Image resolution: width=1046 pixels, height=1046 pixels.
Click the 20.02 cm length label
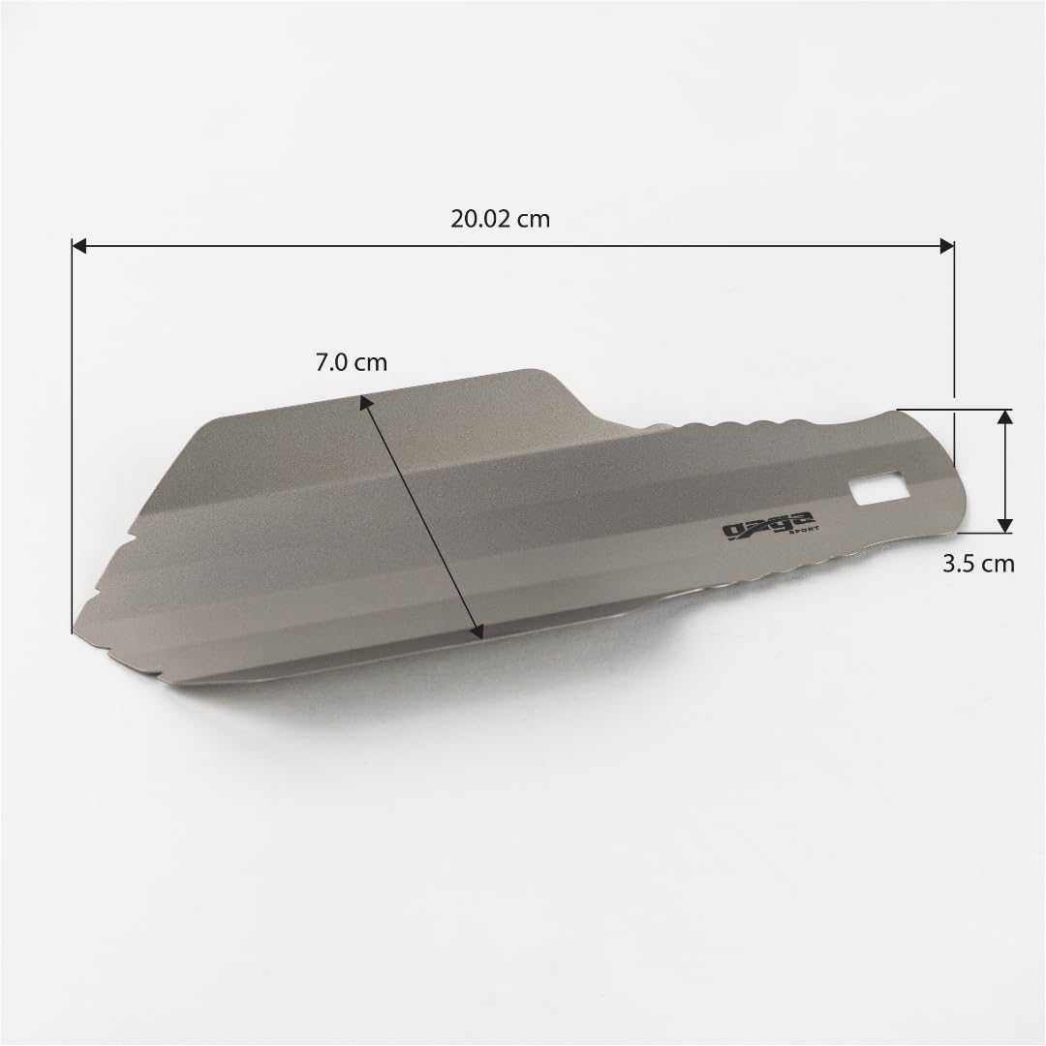(x=500, y=219)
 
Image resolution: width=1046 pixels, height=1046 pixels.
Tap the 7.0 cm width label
(x=351, y=363)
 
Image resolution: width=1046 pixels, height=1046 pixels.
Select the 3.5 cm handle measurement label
(x=978, y=563)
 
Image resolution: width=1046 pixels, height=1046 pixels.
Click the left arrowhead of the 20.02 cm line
(x=80, y=247)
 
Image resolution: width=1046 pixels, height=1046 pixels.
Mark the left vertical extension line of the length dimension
(x=73, y=436)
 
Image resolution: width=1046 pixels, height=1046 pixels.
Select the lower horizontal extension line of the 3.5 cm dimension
(x=978, y=533)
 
